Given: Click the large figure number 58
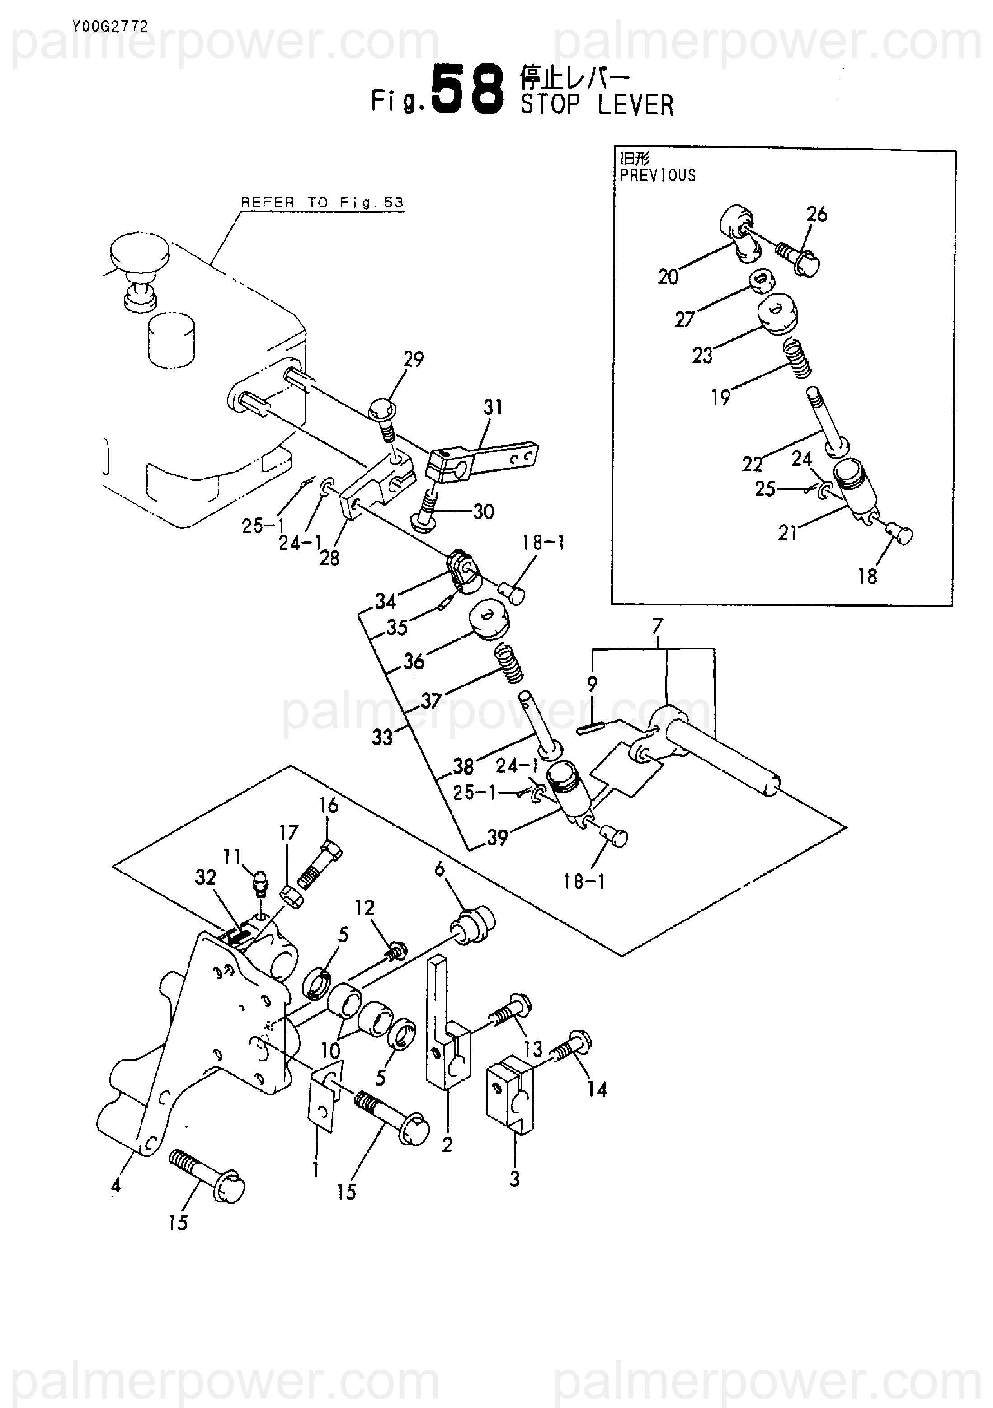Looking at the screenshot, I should (x=468, y=91).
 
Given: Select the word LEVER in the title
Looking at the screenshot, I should (x=635, y=105).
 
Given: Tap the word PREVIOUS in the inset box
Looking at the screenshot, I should (x=658, y=175).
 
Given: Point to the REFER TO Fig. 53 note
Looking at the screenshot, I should (x=322, y=202).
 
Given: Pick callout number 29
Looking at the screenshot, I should (x=414, y=359).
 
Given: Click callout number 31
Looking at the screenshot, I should (x=493, y=407).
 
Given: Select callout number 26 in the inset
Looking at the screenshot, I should (x=816, y=214).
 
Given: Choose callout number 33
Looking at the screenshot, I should (x=382, y=737).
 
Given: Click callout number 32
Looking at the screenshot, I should (x=206, y=878).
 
